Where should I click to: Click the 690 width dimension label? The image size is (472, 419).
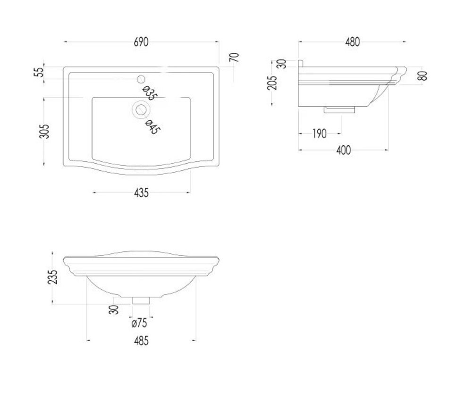[141, 42]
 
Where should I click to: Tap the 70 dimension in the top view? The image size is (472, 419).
[235, 57]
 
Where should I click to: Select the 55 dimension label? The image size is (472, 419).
[40, 72]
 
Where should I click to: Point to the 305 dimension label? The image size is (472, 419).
[44, 131]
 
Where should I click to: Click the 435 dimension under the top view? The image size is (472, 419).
[141, 193]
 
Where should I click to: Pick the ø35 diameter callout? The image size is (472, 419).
[150, 93]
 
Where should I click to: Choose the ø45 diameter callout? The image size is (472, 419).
[152, 127]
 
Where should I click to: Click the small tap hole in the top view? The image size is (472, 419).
[141, 79]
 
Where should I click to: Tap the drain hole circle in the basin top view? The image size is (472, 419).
[141, 110]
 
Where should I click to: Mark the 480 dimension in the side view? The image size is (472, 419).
[352, 42]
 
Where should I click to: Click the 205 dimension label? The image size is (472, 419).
[272, 83]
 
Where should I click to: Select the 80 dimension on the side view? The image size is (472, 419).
[423, 75]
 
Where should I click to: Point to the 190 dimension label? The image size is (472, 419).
[319, 134]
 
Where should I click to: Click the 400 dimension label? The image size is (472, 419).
[344, 150]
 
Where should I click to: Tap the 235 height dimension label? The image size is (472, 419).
[52, 277]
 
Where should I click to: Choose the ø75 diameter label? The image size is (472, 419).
[139, 323]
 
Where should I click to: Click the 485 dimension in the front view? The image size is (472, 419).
[141, 341]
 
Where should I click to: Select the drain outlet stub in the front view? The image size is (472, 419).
[141, 300]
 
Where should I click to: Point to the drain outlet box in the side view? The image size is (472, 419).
[339, 109]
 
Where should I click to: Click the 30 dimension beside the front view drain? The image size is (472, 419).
[114, 310]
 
